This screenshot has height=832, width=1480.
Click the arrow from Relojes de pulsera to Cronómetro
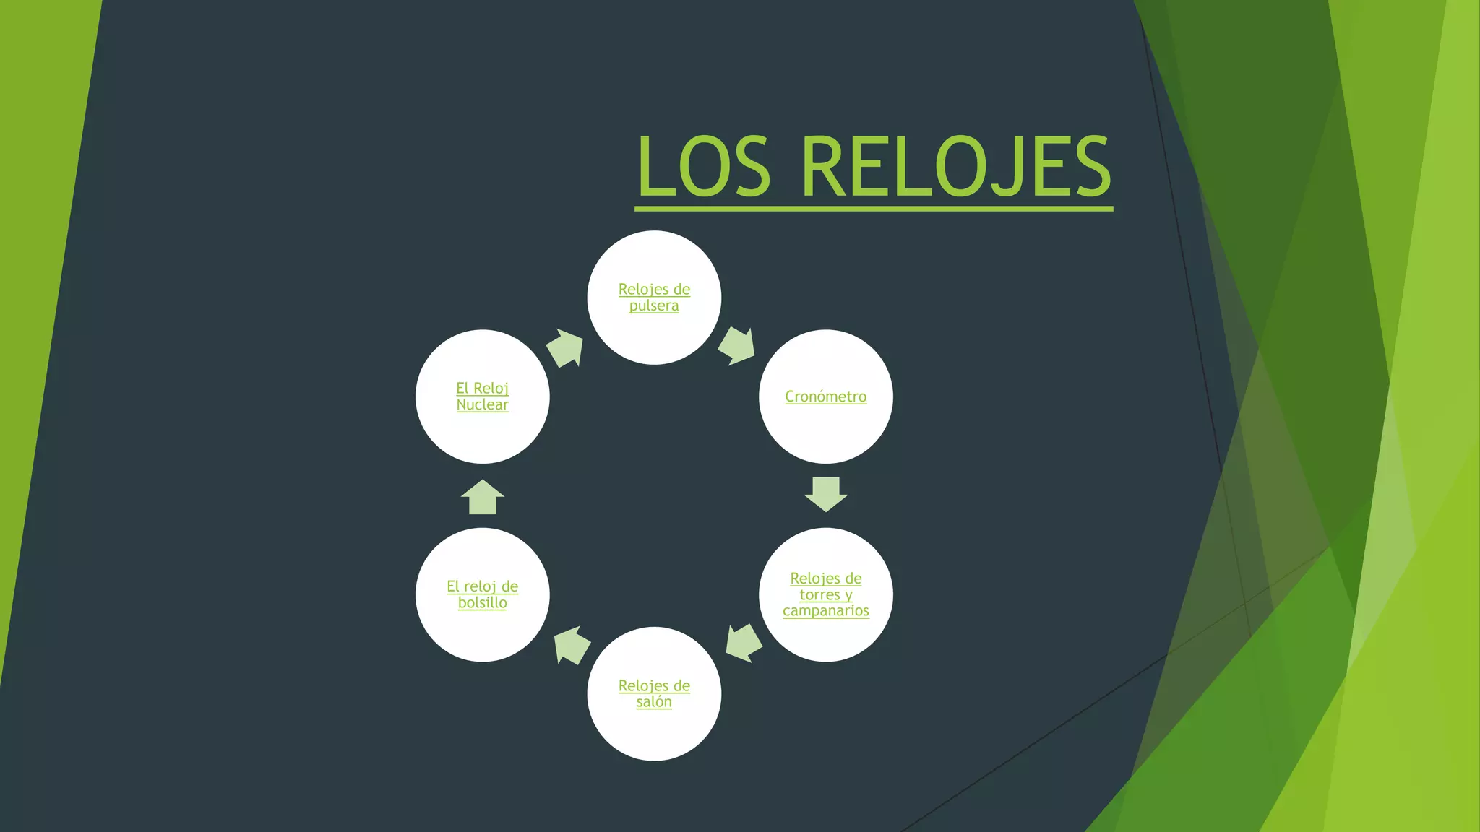(x=736, y=346)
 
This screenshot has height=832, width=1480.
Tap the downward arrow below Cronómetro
(x=825, y=494)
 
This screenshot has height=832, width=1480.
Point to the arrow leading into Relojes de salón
(x=744, y=643)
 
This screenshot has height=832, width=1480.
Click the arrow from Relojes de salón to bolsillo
(x=572, y=645)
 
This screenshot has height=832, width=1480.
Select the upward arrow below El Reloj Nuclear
(x=482, y=497)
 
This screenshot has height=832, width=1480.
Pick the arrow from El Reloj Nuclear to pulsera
(x=565, y=348)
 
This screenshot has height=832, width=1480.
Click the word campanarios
(x=825, y=611)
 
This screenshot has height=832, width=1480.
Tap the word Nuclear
(x=482, y=405)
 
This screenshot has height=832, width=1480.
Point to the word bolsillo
(x=482, y=603)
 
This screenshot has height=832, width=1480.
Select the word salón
(x=654, y=702)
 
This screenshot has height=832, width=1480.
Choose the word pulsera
(x=654, y=306)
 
